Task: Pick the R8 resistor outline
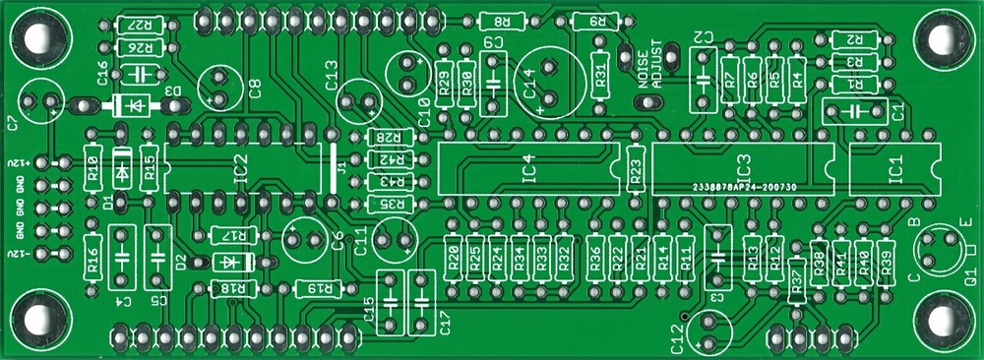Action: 502,21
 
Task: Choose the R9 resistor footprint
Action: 596,21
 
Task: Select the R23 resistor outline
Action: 636,174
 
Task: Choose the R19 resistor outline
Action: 319,288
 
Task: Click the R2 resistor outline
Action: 853,39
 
